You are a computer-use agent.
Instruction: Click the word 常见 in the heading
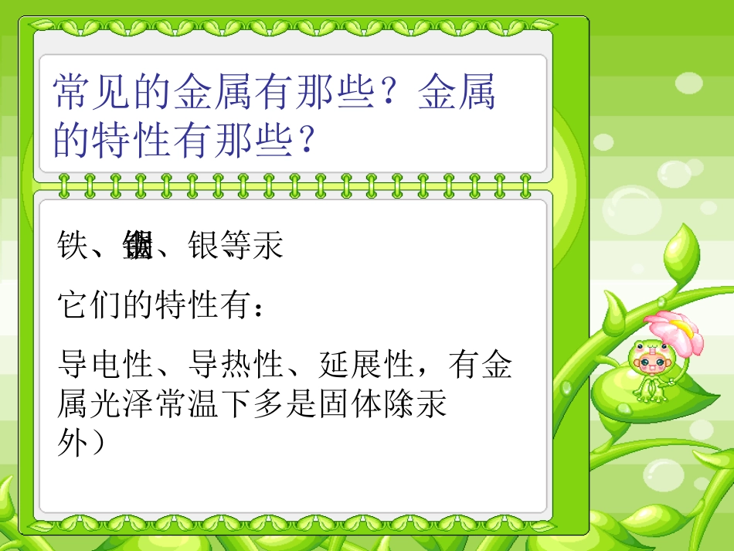pyautogui.click(x=92, y=92)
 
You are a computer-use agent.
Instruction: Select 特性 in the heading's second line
pyautogui.click(x=132, y=140)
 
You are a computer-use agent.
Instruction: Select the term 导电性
pyautogui.click(x=104, y=363)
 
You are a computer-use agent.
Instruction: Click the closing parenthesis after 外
pyautogui.click(x=97, y=443)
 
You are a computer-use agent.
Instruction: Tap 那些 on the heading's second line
pyautogui.click(x=249, y=140)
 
